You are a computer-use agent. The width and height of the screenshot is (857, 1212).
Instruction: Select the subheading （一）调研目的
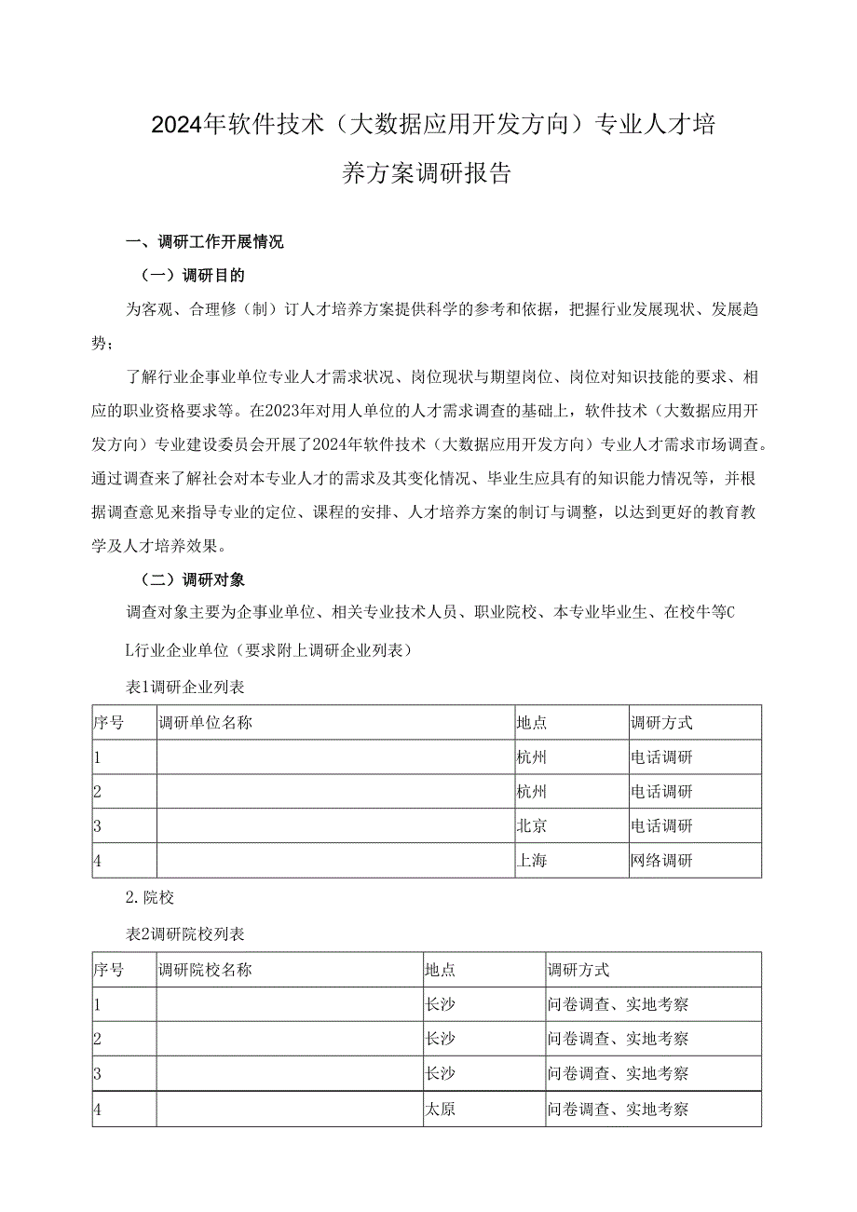192,276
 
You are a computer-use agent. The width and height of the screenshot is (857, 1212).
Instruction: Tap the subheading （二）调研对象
192,579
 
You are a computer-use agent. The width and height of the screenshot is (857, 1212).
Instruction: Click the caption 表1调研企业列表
185,687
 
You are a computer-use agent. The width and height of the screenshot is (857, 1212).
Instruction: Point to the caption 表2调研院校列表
185,933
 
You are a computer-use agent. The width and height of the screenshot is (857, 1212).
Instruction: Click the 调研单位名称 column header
206,723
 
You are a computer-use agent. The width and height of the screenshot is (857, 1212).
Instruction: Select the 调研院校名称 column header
206,970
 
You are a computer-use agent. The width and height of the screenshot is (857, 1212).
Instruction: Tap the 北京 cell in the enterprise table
532,826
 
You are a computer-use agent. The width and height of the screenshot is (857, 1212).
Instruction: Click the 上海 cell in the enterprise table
532,861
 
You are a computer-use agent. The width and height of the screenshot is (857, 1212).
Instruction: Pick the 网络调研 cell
661,861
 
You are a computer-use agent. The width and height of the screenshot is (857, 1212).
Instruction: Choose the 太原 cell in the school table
441,1110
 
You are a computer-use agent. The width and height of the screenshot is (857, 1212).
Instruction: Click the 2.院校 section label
149,898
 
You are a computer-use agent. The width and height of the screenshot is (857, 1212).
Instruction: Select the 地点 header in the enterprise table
532,723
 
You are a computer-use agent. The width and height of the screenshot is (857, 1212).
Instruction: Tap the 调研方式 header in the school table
578,970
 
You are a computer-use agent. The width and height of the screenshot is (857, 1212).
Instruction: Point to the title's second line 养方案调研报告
428,173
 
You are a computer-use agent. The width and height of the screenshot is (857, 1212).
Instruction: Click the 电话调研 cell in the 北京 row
661,826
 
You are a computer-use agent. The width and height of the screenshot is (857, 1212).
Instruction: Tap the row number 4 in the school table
98,1110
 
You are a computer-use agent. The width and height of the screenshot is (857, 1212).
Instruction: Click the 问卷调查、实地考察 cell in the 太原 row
619,1110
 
